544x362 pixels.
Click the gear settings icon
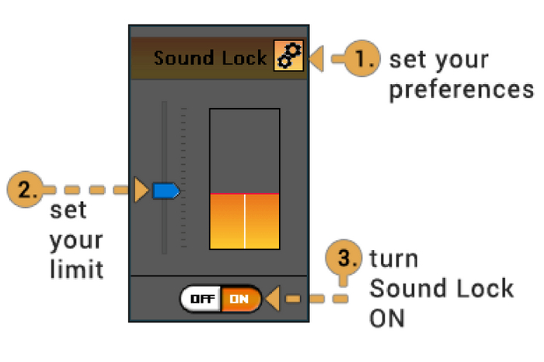[x=288, y=58]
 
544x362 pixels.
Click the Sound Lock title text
[x=210, y=58]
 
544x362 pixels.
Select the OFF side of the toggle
[x=202, y=298]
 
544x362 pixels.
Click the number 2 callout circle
[x=24, y=190]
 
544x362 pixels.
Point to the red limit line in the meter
[x=244, y=193]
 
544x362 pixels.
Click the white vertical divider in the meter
[x=245, y=221]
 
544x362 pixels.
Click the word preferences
[x=461, y=89]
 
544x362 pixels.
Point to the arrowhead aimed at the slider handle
[x=141, y=190]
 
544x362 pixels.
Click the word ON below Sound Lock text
[x=387, y=318]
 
